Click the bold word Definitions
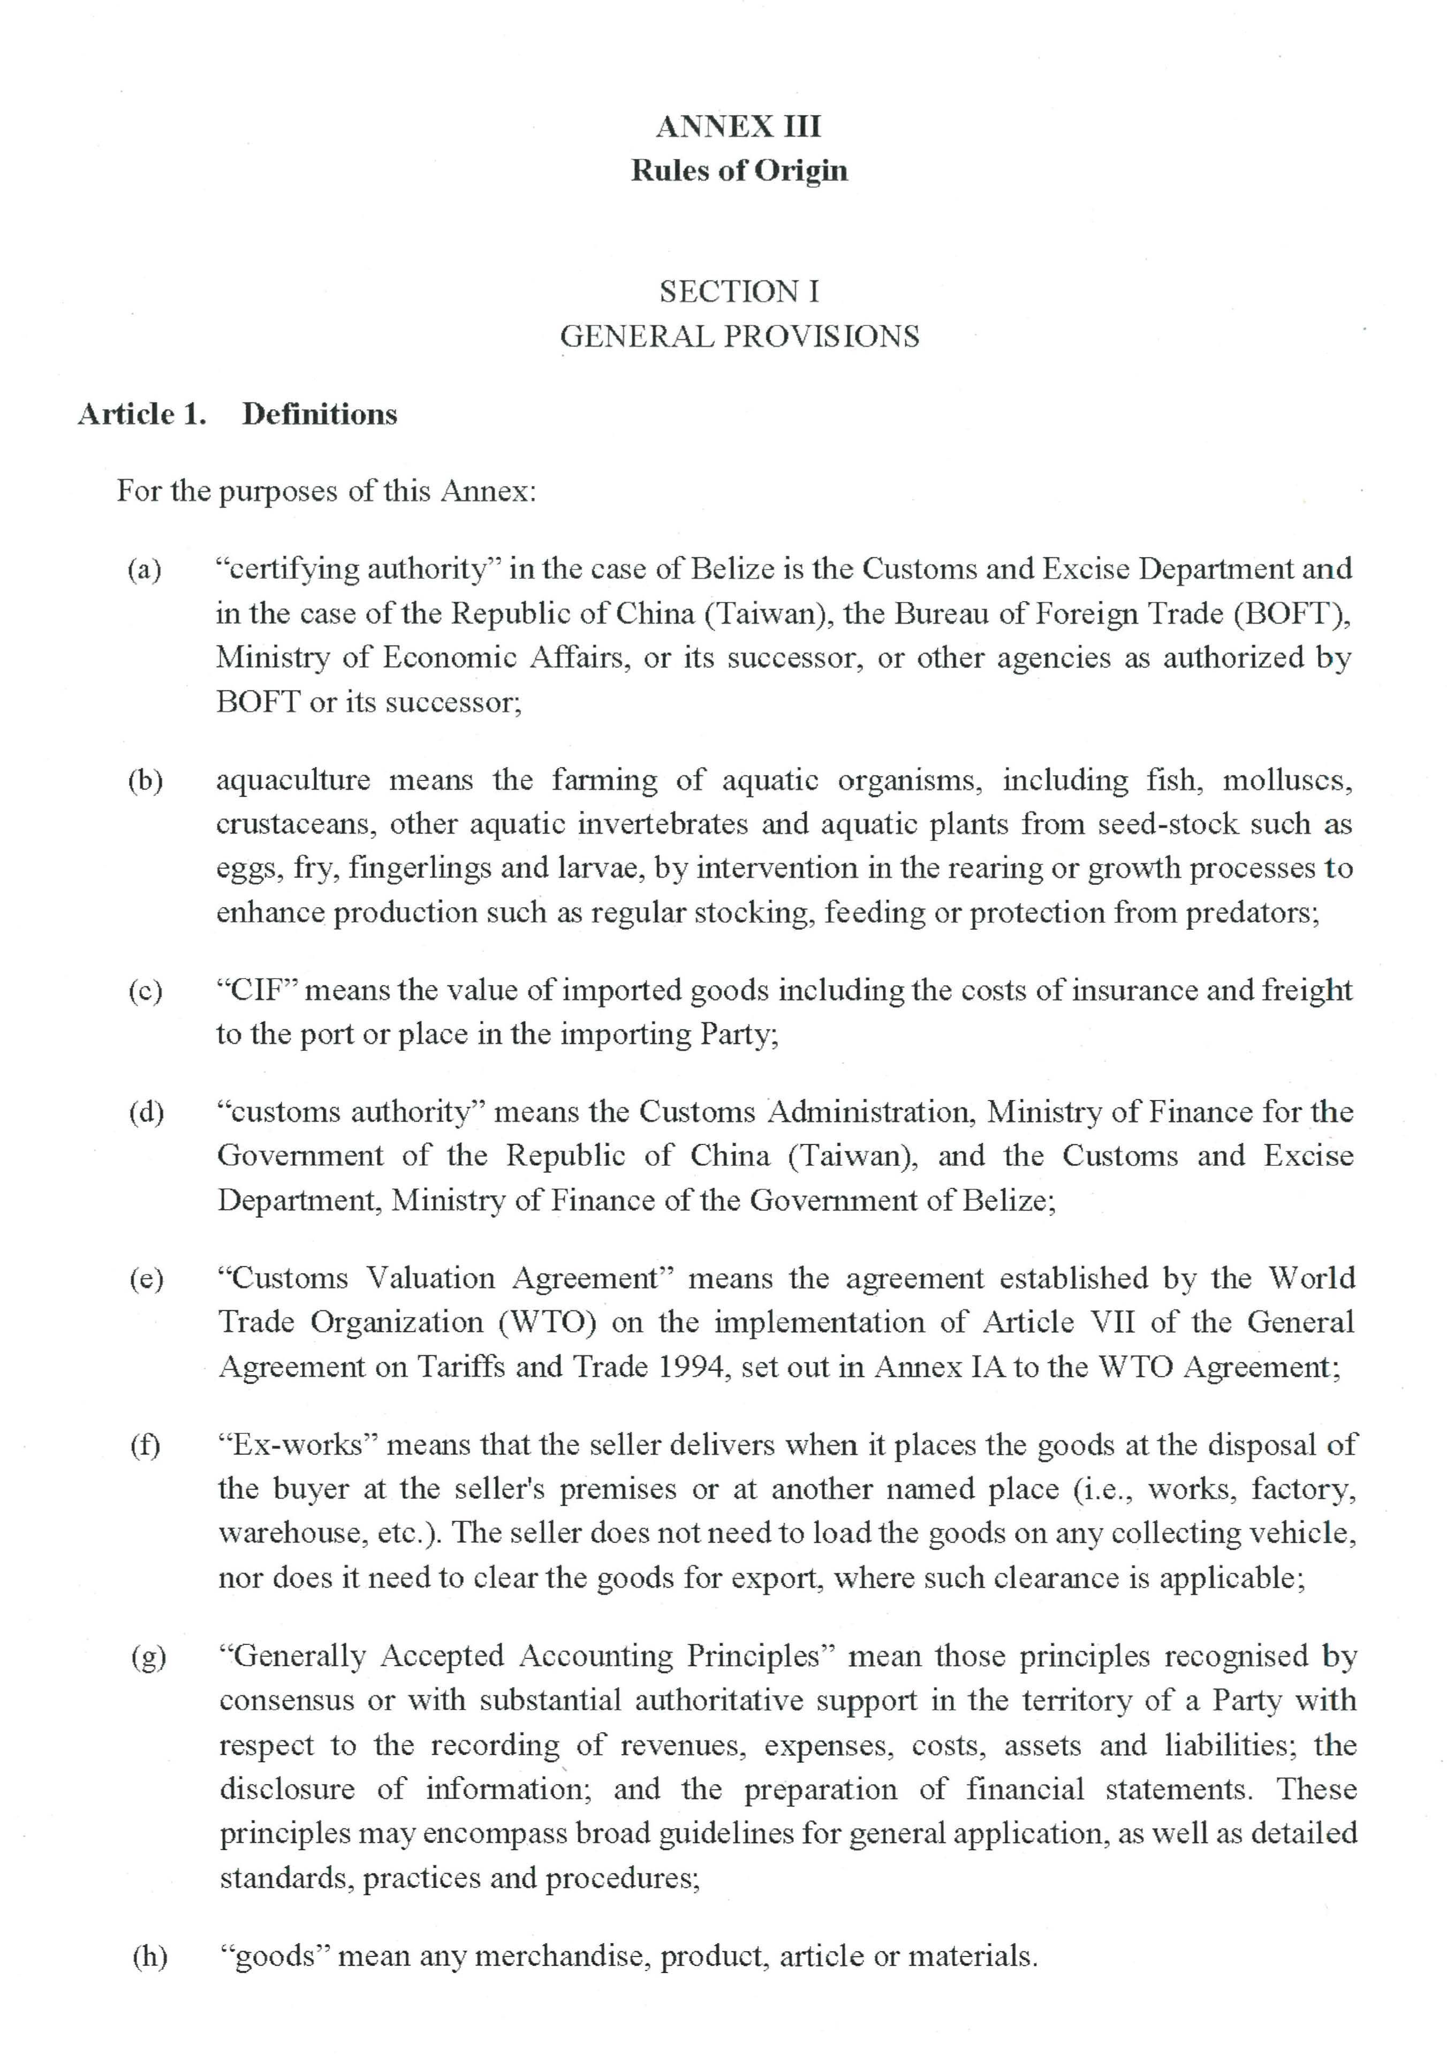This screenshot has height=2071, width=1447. (320, 414)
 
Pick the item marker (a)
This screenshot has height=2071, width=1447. (145, 570)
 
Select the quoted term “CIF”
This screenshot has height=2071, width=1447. (257, 990)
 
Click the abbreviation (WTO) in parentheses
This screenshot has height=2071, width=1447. (547, 1322)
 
